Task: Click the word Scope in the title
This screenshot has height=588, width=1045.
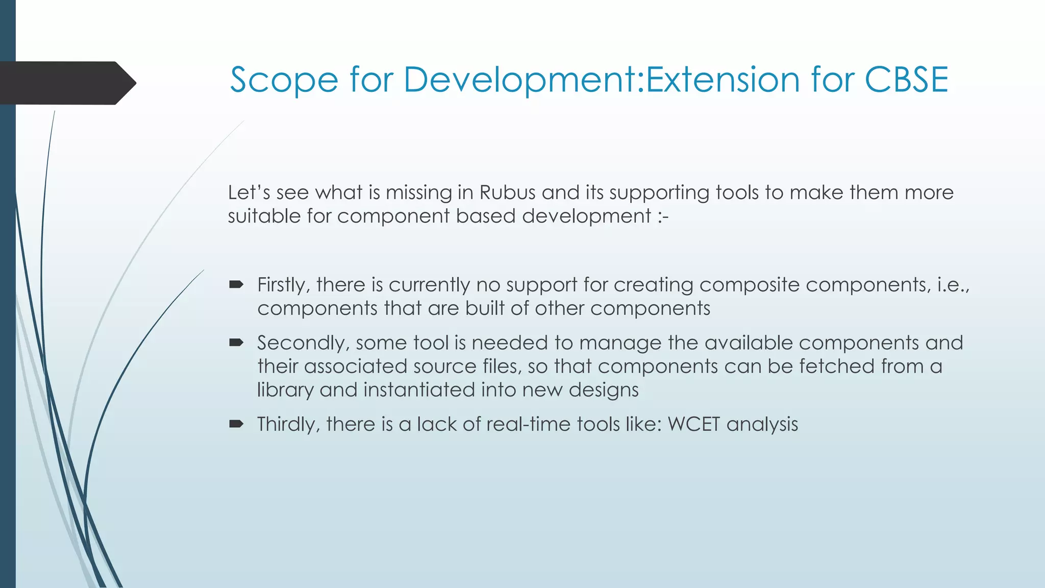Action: click(284, 81)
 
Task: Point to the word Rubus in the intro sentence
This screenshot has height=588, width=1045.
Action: click(508, 193)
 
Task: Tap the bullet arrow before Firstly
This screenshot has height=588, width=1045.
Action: click(236, 285)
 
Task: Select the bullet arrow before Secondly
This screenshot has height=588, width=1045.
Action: click(236, 343)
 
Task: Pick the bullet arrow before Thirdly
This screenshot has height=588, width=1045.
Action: click(236, 424)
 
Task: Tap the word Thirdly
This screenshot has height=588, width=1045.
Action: click(288, 425)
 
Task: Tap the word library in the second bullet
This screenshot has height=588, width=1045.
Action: click(285, 390)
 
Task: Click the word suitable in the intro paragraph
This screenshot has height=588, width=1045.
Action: click(264, 216)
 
